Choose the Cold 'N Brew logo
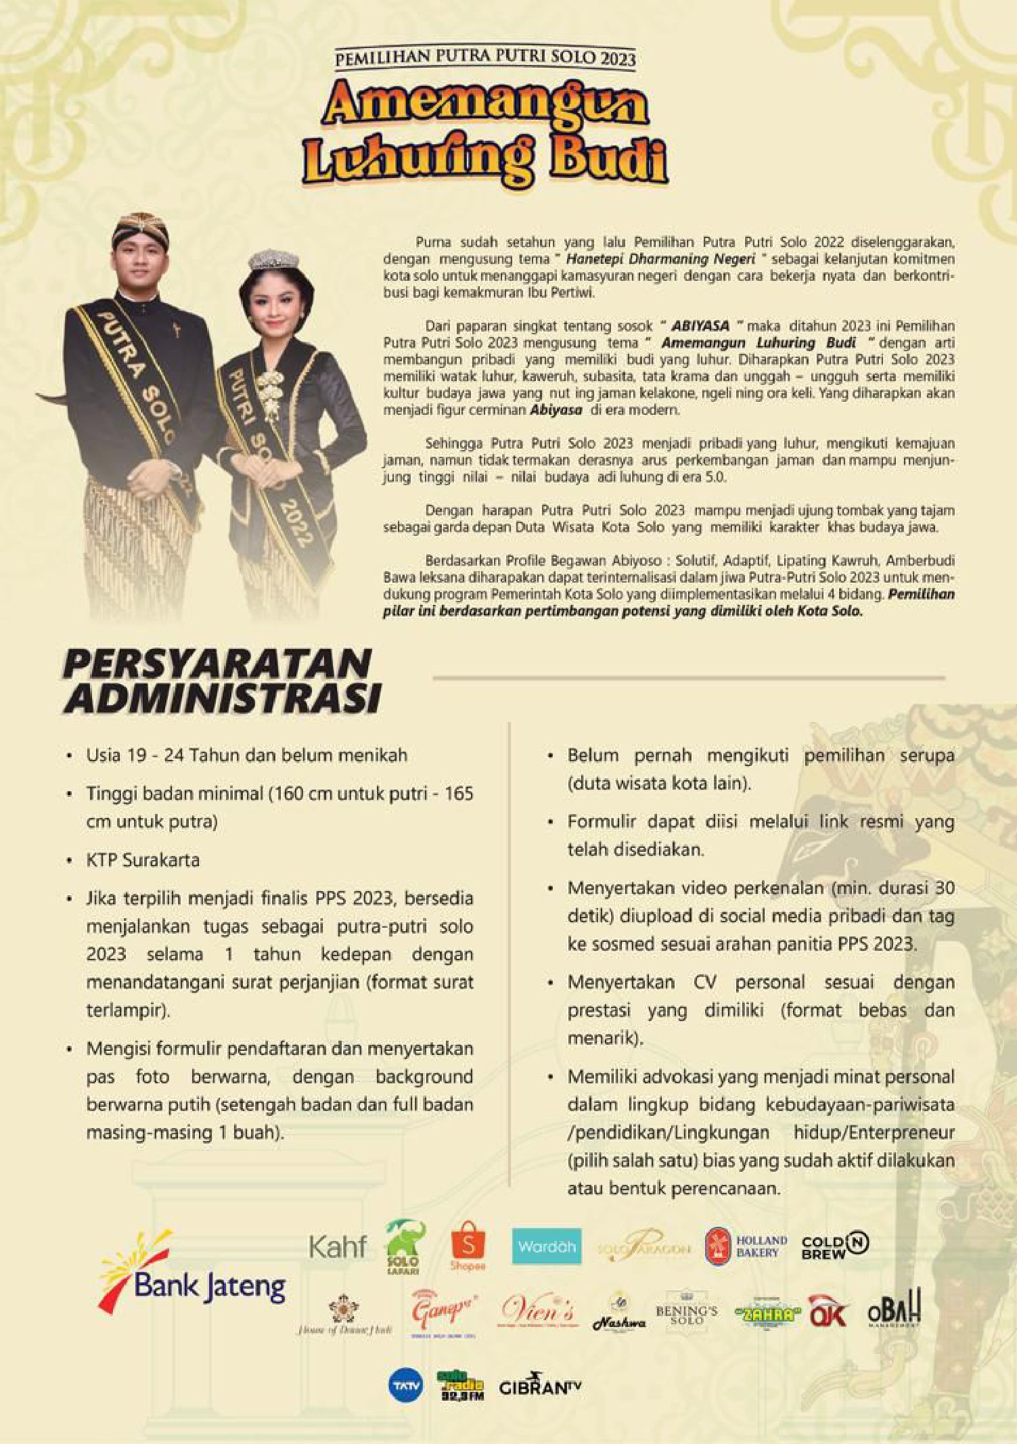point(834,1244)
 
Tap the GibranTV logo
point(540,1387)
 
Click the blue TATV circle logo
point(406,1386)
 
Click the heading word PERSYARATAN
point(217,663)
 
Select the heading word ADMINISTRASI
point(222,698)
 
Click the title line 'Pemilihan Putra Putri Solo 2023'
point(485,59)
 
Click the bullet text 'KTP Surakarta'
point(143,860)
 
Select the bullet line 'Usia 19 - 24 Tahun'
point(246,755)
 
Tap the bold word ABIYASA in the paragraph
point(700,325)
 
